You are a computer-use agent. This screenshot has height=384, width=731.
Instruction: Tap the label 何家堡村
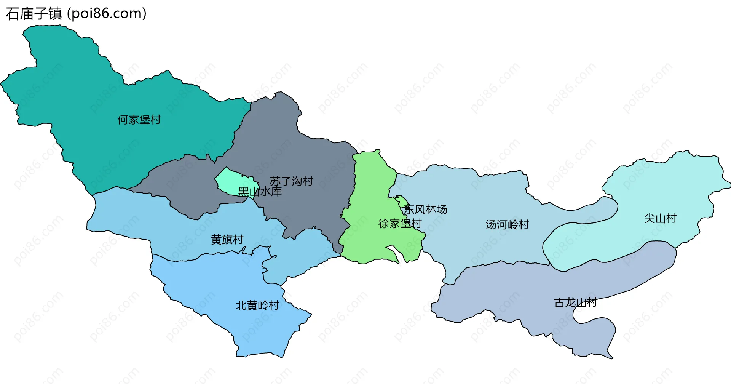(139, 120)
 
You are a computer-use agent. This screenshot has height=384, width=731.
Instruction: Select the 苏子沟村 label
(291, 181)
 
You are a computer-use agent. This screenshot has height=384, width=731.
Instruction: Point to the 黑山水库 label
(260, 192)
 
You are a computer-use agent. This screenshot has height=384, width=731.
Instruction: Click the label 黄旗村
(227, 240)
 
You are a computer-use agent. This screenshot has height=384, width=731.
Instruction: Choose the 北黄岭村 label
(257, 305)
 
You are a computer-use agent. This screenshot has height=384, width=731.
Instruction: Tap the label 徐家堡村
(400, 224)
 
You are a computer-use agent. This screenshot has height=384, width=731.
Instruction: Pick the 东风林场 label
(426, 209)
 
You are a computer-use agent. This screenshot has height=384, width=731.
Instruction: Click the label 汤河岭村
(508, 224)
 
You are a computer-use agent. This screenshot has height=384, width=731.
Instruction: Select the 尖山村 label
(660, 218)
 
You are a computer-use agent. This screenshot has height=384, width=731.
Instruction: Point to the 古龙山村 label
(575, 302)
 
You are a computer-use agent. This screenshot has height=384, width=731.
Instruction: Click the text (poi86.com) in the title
(107, 14)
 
